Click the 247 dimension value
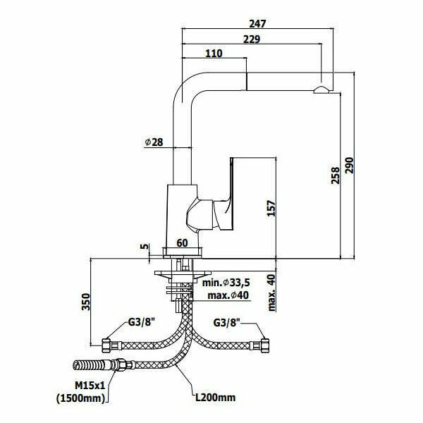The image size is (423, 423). [257, 23]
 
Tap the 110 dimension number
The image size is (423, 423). [214, 54]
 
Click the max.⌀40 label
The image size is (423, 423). [228, 295]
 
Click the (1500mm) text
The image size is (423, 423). [81, 398]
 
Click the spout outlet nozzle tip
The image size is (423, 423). [322, 89]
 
